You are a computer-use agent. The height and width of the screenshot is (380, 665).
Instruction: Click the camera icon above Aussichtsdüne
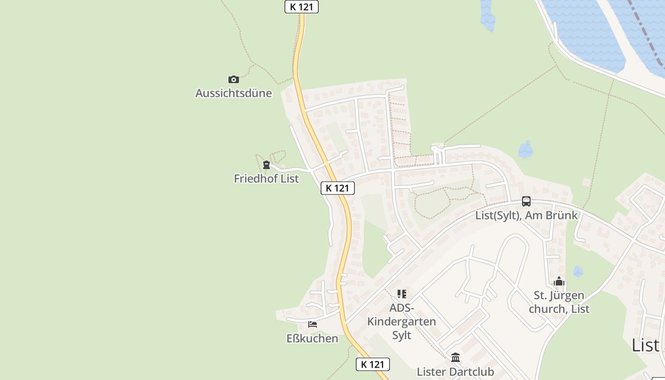click(x=233, y=79)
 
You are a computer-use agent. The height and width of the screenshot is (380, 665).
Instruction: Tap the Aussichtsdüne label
click(x=234, y=93)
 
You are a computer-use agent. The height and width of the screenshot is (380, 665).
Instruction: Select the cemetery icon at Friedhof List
click(x=266, y=165)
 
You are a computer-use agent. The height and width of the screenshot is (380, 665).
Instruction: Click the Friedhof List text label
click(x=266, y=179)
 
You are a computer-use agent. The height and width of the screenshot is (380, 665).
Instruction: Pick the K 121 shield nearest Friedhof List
click(x=337, y=188)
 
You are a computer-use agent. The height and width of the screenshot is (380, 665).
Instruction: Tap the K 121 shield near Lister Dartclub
click(x=373, y=364)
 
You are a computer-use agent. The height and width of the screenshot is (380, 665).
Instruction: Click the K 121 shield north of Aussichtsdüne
click(x=302, y=7)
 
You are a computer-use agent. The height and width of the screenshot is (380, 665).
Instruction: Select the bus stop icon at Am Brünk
click(x=526, y=201)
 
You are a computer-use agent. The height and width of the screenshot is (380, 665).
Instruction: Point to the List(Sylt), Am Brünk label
click(x=526, y=215)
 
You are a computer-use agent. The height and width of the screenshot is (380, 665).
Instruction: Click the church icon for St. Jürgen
click(x=559, y=282)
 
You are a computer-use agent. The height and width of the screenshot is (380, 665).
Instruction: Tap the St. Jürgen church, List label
click(x=559, y=302)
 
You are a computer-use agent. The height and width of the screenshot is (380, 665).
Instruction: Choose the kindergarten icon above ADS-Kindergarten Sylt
click(x=402, y=294)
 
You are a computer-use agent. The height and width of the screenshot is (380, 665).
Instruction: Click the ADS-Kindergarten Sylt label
click(x=402, y=322)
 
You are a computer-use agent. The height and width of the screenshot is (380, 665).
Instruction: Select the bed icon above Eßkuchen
click(x=313, y=324)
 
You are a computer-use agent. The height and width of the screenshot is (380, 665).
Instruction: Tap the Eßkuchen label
click(x=313, y=339)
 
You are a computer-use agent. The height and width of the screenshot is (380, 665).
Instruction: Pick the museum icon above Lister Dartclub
click(x=456, y=357)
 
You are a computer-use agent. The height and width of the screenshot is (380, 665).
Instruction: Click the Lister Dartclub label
click(x=456, y=371)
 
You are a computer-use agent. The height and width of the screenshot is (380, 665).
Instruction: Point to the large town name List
click(x=645, y=345)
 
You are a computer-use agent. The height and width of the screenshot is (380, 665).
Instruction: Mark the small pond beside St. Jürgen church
click(x=578, y=272)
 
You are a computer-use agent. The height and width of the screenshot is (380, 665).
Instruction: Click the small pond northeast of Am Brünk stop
click(x=525, y=150)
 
